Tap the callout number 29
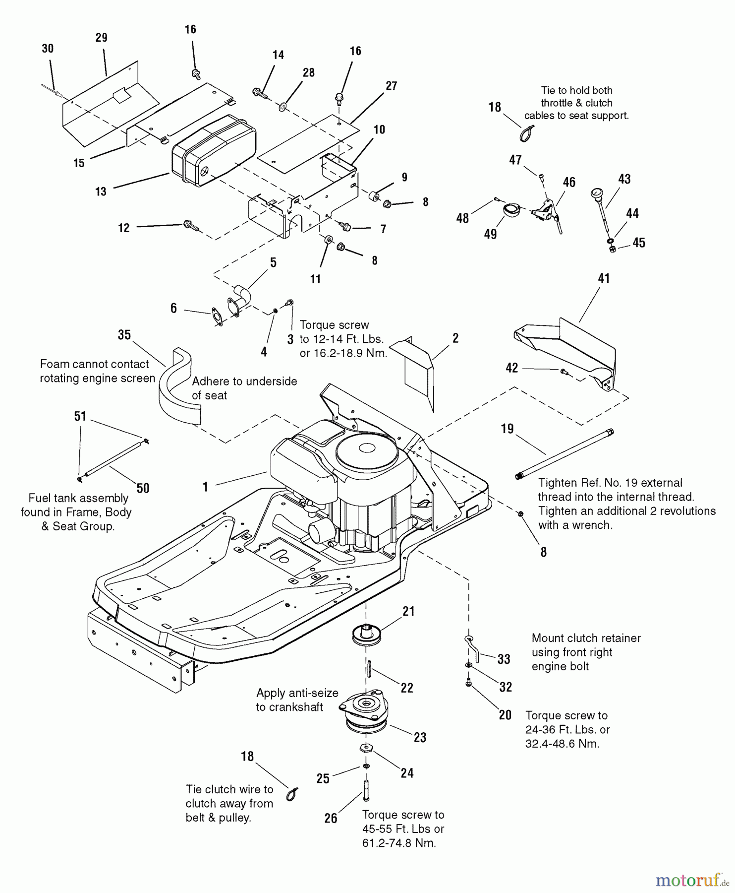pyautogui.click(x=101, y=38)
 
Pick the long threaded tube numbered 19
pyautogui.click(x=565, y=454)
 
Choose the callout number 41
pyautogui.click(x=604, y=278)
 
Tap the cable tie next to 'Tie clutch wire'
pyautogui.click(x=292, y=794)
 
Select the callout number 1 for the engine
pyautogui.click(x=205, y=487)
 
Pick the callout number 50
pyautogui.click(x=143, y=488)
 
